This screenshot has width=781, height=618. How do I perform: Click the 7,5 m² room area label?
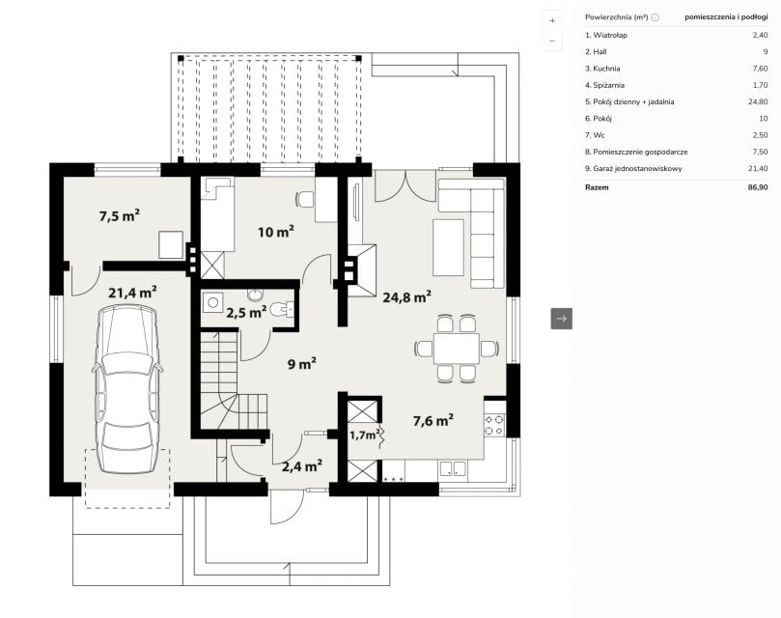click(120, 215)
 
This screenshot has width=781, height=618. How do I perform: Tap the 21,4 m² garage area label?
click(133, 292)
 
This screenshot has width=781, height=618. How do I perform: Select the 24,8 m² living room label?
click(407, 297)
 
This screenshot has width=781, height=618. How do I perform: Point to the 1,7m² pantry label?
click(365, 435)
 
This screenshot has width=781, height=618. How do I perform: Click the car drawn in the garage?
click(127, 389)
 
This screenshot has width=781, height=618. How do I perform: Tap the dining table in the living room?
click(457, 349)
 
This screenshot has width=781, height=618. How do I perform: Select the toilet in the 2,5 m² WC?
click(283, 310)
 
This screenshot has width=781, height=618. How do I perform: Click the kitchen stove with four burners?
click(494, 424)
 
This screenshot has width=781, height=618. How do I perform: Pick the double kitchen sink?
click(452, 468)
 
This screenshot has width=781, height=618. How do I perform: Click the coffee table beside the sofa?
click(448, 247)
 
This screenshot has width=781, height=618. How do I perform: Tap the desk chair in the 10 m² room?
click(305, 199)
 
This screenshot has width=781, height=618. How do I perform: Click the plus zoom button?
click(552, 21)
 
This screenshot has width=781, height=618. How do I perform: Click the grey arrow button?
click(561, 319)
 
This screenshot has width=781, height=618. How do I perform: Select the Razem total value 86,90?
click(758, 187)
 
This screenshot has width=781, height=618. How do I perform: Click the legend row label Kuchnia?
click(606, 69)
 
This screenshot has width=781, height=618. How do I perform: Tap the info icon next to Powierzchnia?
click(655, 17)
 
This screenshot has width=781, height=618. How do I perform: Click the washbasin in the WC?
click(256, 295)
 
